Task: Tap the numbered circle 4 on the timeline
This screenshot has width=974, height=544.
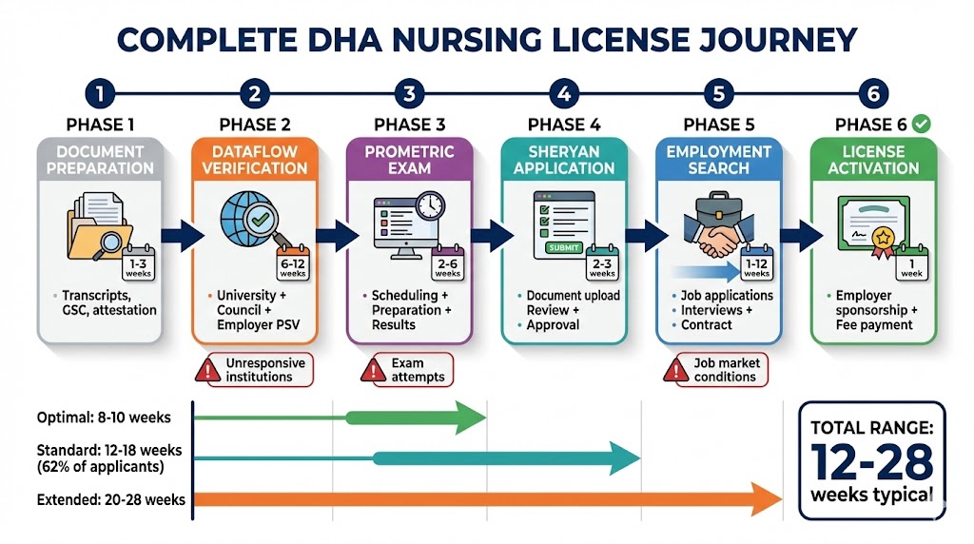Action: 564,94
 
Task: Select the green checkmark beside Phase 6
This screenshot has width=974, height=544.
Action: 920,124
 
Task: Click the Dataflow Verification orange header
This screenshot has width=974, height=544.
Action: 255,159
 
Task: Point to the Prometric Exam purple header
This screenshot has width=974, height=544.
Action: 410,159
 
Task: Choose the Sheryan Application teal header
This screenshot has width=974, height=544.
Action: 564,159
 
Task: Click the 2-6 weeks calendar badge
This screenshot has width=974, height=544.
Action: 447,267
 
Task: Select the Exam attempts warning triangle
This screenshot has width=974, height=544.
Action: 373,370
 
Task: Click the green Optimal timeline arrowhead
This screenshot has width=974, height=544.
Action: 470,417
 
